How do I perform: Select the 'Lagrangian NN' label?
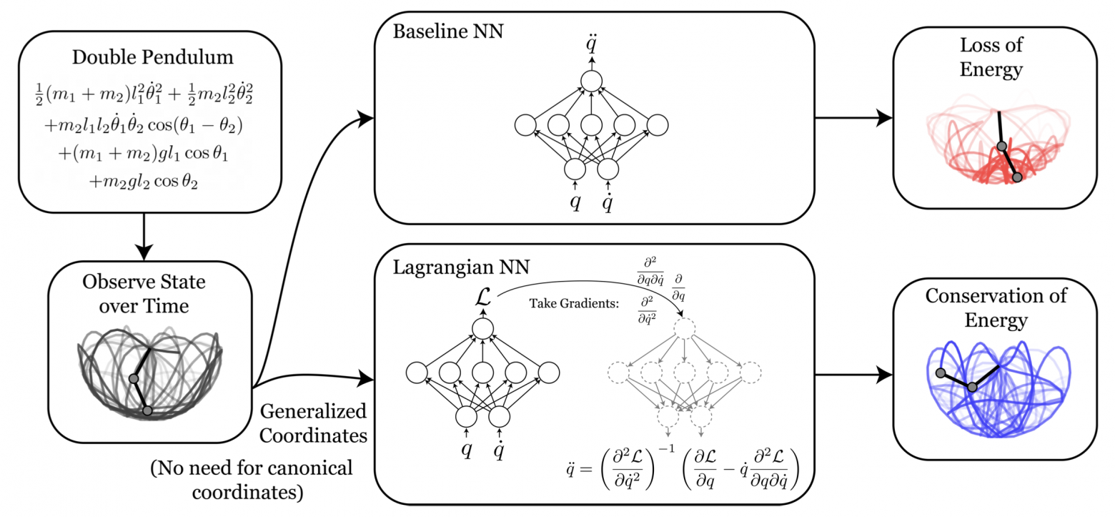pyautogui.click(x=453, y=268)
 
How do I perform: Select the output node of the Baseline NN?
pyautogui.click(x=591, y=81)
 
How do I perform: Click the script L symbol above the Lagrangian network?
pyautogui.click(x=482, y=294)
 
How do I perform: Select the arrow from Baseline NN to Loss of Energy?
pyautogui.click(x=853, y=118)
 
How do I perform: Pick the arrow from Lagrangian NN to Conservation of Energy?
pyautogui.click(x=853, y=374)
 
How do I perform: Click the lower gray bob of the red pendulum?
pyautogui.click(x=1017, y=177)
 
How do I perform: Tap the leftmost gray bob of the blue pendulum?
pyautogui.click(x=941, y=373)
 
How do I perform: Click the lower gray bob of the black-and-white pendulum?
pyautogui.click(x=147, y=410)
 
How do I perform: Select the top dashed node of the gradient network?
pyautogui.click(x=685, y=329)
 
